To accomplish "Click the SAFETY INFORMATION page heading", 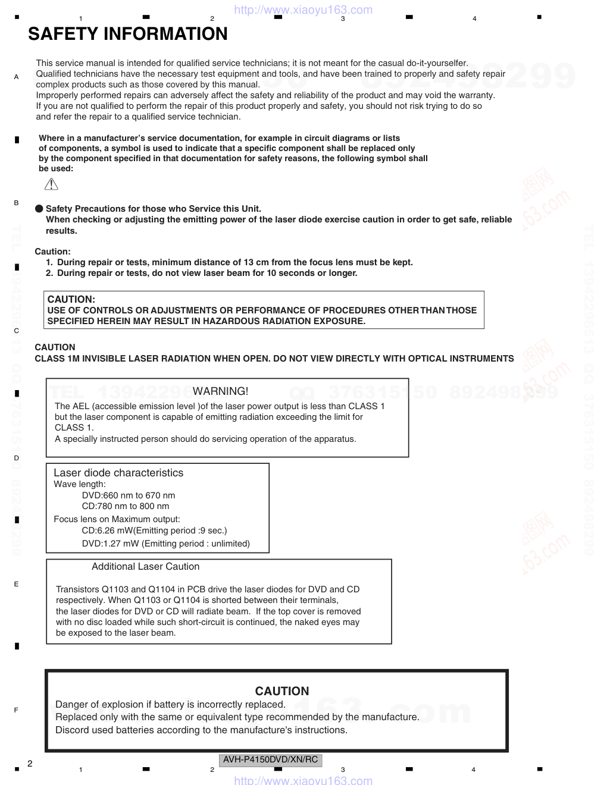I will tap(127, 34).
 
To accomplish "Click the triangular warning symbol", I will tap(51, 184).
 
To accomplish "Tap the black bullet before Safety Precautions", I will tap(39, 209).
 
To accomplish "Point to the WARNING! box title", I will tap(220, 391).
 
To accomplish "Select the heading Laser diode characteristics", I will tap(118, 473).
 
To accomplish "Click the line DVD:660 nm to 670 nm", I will tap(129, 495).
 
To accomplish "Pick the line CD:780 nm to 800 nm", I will tap(126, 506).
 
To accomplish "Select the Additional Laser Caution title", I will tap(145, 567).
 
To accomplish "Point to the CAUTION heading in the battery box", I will tap(282, 691).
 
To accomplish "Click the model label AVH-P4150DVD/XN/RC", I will tap(271, 760).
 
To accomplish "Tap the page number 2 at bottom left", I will tap(30, 764).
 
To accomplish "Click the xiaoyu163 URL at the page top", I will tap(303, 10).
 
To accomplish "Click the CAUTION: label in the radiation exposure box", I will tap(71, 300).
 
